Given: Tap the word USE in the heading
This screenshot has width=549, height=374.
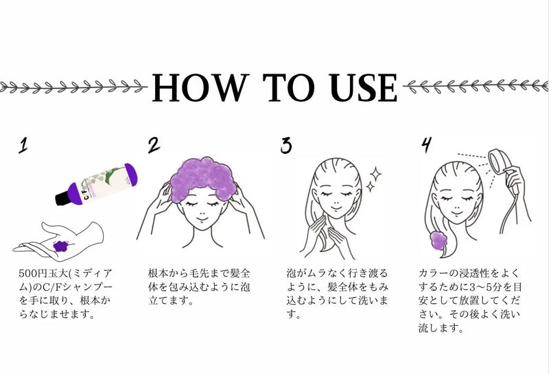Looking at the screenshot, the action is click(364, 88).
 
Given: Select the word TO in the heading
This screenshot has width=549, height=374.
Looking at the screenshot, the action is click(289, 88).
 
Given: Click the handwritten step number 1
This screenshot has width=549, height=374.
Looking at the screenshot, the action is click(23, 145).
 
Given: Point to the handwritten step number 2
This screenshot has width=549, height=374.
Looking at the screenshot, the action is click(153, 145).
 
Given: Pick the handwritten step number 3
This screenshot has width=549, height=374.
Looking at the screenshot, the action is click(286, 145).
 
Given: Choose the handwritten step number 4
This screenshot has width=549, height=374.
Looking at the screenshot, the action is click(426, 144).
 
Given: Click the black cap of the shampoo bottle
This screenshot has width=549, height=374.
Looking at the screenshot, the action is click(62, 198).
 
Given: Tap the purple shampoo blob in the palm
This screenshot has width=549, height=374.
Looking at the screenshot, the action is click(61, 245).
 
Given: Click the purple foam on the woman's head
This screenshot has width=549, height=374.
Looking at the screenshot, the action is click(203, 179).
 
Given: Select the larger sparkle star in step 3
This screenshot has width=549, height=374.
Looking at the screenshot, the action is click(375, 175).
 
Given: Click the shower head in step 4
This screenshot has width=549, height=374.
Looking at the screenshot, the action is click(499, 161).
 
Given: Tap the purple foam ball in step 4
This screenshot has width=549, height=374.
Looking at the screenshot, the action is click(439, 240).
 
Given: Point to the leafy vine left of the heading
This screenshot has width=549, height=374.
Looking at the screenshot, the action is click(73, 87).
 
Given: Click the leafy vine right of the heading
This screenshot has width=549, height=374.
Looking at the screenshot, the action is click(476, 87).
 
